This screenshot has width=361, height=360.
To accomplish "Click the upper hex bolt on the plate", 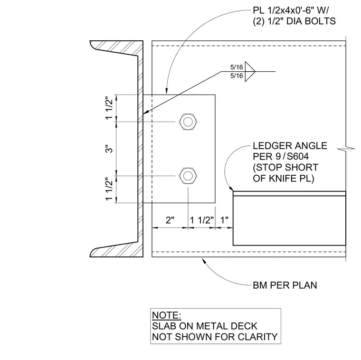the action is pyautogui.click(x=188, y=122).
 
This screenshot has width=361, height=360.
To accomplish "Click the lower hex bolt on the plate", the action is pyautogui.click(x=188, y=176).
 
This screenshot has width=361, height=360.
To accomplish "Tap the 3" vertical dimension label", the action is pyautogui.click(x=110, y=149).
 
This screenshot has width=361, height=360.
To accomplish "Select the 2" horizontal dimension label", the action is pyautogui.click(x=170, y=220).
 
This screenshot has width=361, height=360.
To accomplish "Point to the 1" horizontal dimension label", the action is pyautogui.click(x=225, y=220).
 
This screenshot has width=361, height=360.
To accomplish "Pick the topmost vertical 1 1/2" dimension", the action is pyautogui.click(x=110, y=108).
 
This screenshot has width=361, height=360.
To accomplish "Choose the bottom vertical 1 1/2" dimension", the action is pyautogui.click(x=110, y=189).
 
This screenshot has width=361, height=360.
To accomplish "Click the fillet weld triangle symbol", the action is pyautogui.click(x=250, y=71).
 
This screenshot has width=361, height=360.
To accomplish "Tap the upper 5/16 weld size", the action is pyautogui.click(x=237, y=67).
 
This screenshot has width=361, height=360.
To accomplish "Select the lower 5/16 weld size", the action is pyautogui.click(x=237, y=76).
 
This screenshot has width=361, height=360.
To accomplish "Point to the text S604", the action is pyautogui.click(x=298, y=157).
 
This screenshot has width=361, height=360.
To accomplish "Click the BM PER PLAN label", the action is pyautogui.click(x=285, y=285).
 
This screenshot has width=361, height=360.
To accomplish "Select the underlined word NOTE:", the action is pyautogui.click(x=166, y=315).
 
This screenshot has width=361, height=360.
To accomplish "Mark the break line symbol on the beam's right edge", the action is pyautogui.click(x=346, y=149).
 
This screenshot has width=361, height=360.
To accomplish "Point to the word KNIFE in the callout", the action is pyautogui.click(x=283, y=179).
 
